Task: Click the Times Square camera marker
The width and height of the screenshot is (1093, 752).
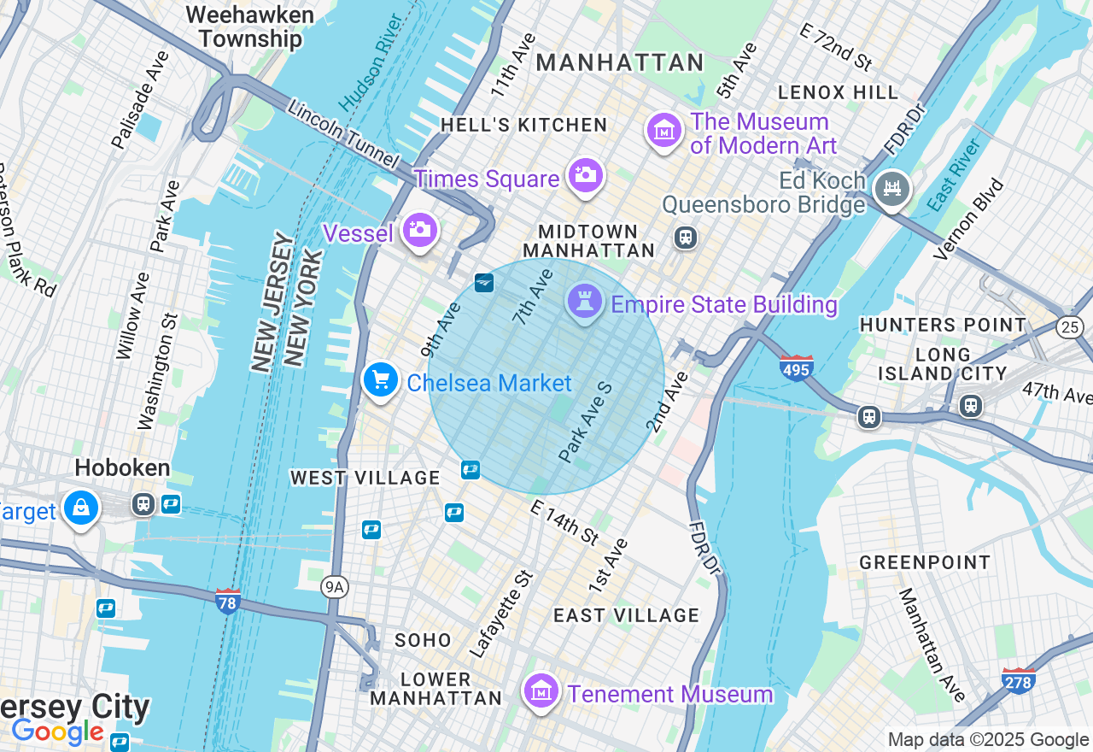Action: (x=585, y=176)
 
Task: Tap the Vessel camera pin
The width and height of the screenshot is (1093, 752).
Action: (x=419, y=230)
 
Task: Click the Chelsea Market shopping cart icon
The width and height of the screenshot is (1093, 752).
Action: (x=381, y=380)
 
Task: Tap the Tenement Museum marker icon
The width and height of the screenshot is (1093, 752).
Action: (x=541, y=690)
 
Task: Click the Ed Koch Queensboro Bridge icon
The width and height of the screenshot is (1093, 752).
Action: (x=892, y=187)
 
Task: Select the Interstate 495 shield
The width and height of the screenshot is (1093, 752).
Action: (x=796, y=367)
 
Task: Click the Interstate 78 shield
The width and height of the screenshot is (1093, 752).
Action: (x=227, y=601)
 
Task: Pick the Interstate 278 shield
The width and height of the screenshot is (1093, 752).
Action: (x=1018, y=680)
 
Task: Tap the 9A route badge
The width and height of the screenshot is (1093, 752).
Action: (x=335, y=586)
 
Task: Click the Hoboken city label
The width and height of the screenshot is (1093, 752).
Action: (x=122, y=467)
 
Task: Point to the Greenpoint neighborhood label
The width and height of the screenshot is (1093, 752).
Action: (x=925, y=562)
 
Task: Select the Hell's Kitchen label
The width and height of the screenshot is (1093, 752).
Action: (x=524, y=125)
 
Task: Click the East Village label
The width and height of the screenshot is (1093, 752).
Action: (x=626, y=615)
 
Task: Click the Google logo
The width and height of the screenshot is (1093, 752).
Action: (x=57, y=732)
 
